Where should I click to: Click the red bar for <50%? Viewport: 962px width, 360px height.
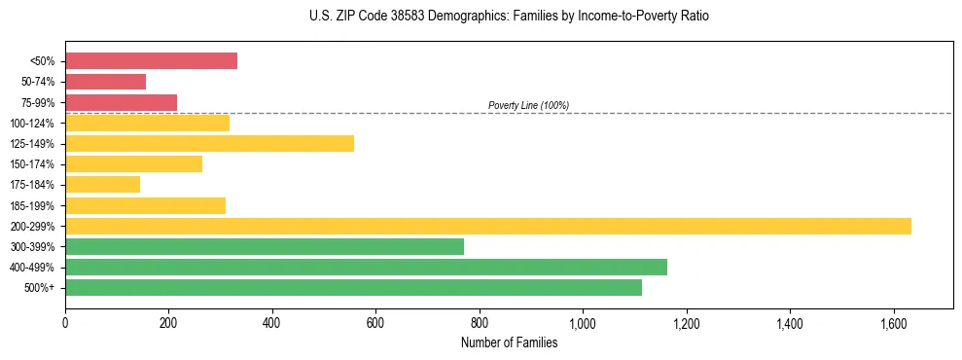[151, 61]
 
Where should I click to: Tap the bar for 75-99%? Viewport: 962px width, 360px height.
[121, 102]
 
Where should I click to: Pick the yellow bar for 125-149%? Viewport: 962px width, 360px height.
[209, 143]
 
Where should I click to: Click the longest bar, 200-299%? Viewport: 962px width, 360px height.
[487, 226]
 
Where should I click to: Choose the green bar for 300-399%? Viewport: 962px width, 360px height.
[264, 246]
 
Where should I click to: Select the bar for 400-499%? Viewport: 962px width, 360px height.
[366, 267]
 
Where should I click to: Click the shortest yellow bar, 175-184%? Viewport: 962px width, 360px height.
[102, 184]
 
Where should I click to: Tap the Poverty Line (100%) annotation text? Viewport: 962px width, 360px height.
[528, 105]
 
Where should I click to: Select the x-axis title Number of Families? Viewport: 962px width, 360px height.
[509, 342]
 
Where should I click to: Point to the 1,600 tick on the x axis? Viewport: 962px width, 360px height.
[893, 322]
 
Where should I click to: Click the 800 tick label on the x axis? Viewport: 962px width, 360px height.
[480, 322]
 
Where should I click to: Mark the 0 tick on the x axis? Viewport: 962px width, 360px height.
[65, 322]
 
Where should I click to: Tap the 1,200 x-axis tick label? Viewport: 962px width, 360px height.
[686, 322]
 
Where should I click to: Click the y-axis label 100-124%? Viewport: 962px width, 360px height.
[32, 124]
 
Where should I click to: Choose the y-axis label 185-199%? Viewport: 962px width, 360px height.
[32, 205]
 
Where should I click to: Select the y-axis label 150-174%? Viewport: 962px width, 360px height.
[32, 164]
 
